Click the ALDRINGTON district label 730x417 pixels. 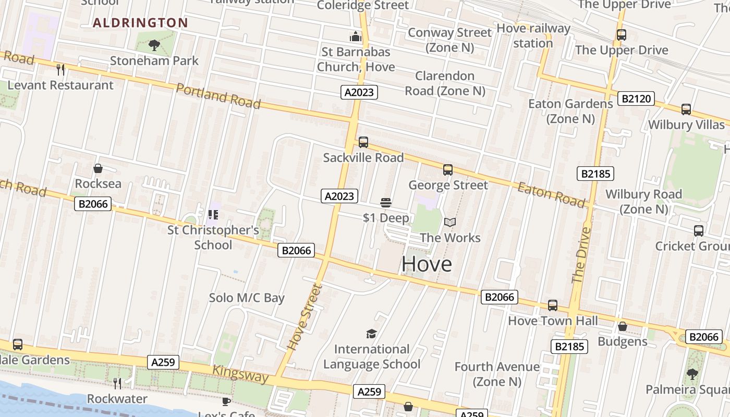pyautogui.click(x=140, y=22)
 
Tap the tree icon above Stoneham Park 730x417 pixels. pyautogui.click(x=154, y=45)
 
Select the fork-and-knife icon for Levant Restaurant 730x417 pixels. pyautogui.click(x=60, y=69)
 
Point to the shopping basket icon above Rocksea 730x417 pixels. pyautogui.click(x=98, y=168)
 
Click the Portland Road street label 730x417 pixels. pyautogui.click(x=218, y=96)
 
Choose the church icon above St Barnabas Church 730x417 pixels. pyautogui.click(x=356, y=36)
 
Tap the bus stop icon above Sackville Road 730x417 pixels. pyautogui.click(x=363, y=142)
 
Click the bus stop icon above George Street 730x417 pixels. pyautogui.click(x=448, y=169)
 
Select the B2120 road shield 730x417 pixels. pyautogui.click(x=636, y=98)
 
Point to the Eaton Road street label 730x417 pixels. pyautogui.click(x=551, y=194)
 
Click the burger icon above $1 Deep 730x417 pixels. pyautogui.click(x=386, y=202)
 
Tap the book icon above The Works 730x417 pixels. pyautogui.click(x=449, y=223)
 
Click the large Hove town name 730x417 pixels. pyautogui.click(x=427, y=264)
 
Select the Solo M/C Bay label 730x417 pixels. pyautogui.click(x=247, y=298)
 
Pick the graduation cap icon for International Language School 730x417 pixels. pyautogui.click(x=371, y=334)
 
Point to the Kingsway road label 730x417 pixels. pyautogui.click(x=240, y=374)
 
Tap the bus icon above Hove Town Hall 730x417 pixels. pyautogui.click(x=553, y=305)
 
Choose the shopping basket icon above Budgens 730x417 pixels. pyautogui.click(x=622, y=327)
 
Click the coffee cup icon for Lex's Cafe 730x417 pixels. pyautogui.click(x=226, y=401)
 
